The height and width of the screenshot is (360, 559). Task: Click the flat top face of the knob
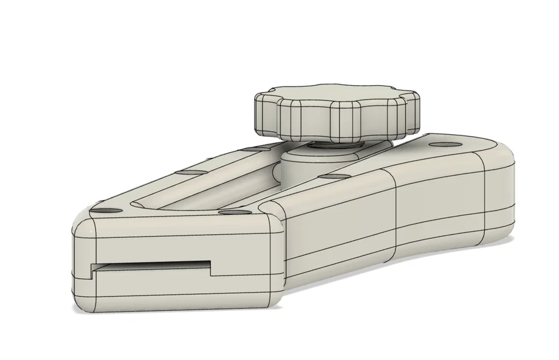pos(337,95)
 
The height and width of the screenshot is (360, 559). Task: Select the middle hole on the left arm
pos(188,171)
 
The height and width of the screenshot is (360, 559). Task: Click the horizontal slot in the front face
pos(150,266)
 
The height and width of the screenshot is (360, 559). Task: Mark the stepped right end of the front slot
pos(211,267)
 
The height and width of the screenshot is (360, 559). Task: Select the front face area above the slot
pos(173,245)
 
